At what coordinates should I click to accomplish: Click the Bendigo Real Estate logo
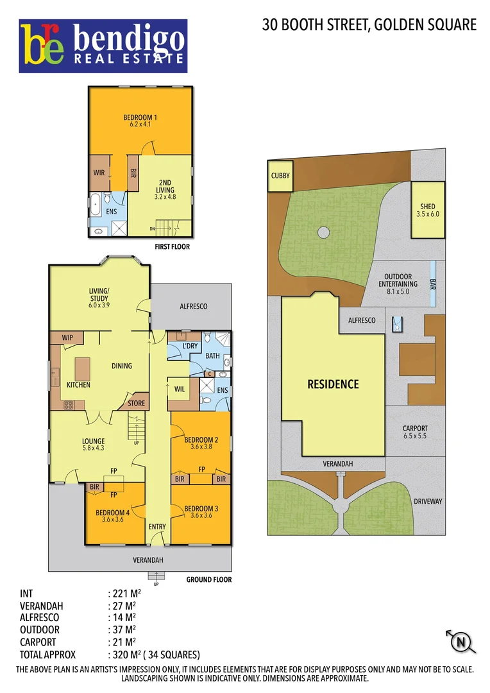(103, 46)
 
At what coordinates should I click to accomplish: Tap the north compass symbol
(459, 641)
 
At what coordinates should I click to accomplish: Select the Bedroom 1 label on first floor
(140, 117)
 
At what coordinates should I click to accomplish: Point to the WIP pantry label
(68, 337)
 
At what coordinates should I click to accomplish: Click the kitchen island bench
(82, 368)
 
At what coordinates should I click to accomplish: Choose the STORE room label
(136, 404)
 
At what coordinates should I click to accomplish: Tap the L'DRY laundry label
(190, 346)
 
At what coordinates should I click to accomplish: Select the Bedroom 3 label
(201, 508)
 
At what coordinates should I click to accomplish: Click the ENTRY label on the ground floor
(156, 527)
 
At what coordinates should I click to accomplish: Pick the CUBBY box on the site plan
(280, 176)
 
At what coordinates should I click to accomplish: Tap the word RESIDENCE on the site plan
(333, 384)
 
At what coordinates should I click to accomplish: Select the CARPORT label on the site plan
(415, 429)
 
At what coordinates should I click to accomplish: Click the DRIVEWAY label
(428, 501)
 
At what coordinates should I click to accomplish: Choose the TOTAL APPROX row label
(48, 654)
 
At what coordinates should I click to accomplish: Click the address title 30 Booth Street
(369, 25)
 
